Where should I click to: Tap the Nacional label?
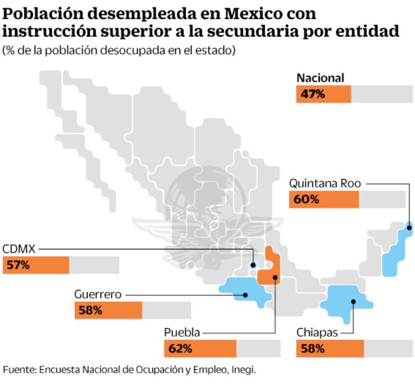(x=320, y=78)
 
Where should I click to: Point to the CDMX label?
(x=19, y=248)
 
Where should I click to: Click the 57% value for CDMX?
(x=17, y=265)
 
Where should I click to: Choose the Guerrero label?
(x=98, y=294)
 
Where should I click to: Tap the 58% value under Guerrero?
(x=90, y=310)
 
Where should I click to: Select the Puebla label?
(x=181, y=332)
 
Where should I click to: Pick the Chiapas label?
(x=317, y=332)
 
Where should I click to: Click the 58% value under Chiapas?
(x=312, y=349)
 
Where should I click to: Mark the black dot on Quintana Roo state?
(x=409, y=228)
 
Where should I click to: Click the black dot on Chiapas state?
(x=352, y=303)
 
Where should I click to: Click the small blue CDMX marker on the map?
(x=253, y=265)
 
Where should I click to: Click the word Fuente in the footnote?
(x=18, y=369)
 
